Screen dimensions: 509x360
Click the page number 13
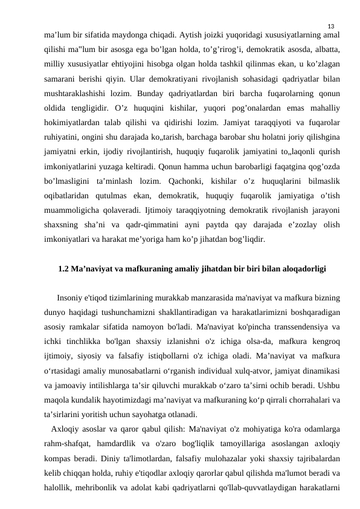[x=330, y=26]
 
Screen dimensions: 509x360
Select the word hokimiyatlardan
[x=74, y=125]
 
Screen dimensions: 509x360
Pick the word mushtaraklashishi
[x=76, y=95]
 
